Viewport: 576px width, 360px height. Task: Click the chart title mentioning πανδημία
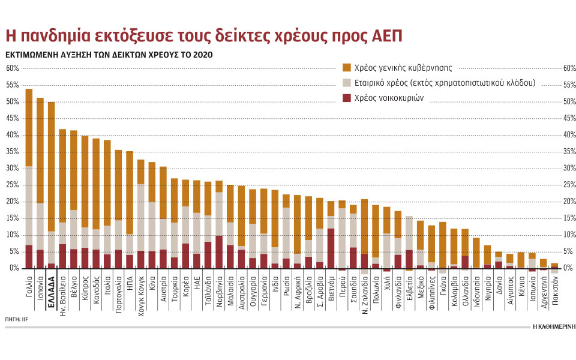tap(203, 35)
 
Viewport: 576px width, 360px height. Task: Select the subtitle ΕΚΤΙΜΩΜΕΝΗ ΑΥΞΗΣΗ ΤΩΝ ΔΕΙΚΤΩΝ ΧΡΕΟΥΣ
tap(109, 55)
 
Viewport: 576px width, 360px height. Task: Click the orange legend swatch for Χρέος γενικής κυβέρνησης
tap(346, 68)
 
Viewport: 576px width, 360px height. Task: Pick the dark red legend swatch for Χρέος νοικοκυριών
tap(346, 97)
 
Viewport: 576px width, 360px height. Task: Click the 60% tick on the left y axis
tap(13, 68)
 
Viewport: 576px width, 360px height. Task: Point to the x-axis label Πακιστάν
tap(554, 294)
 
